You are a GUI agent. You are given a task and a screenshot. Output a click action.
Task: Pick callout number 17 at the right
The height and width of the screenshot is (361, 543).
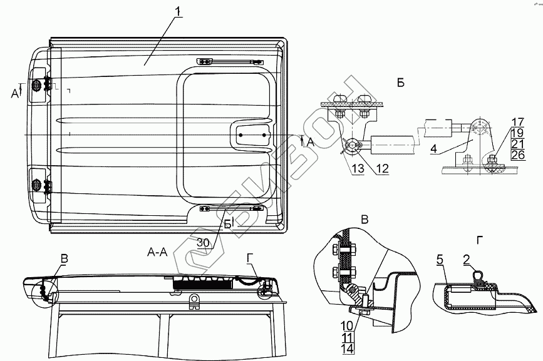[517, 121]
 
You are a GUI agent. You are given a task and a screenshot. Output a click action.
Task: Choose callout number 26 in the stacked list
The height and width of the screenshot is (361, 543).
[517, 154]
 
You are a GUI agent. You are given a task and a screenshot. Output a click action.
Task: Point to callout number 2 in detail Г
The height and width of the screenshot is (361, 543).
[466, 258]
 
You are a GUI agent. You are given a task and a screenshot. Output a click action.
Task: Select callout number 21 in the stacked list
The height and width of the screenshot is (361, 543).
[517, 143]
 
